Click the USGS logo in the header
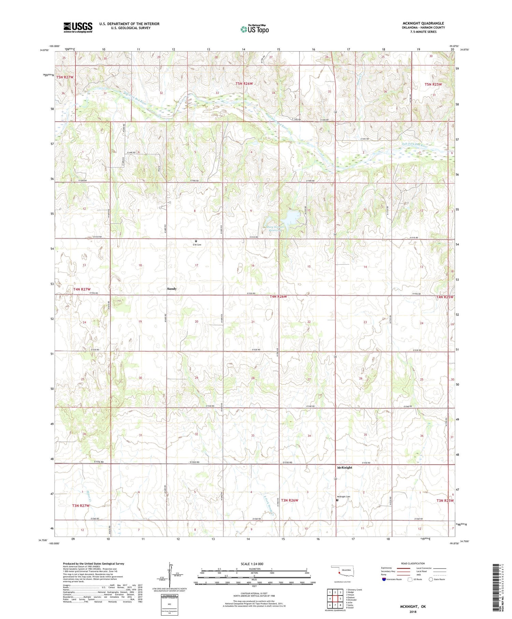(78, 27)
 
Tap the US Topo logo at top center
(254, 29)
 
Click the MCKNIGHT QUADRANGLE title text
(423, 23)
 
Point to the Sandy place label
(172, 289)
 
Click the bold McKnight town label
(344, 467)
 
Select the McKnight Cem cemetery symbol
(337, 500)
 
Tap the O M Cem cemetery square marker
(196, 241)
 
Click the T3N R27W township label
(81, 505)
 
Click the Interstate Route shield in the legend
(384, 579)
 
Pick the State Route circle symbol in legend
(431, 579)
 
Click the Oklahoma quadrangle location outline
(342, 571)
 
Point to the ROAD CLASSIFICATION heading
(413, 563)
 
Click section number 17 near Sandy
(197, 265)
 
